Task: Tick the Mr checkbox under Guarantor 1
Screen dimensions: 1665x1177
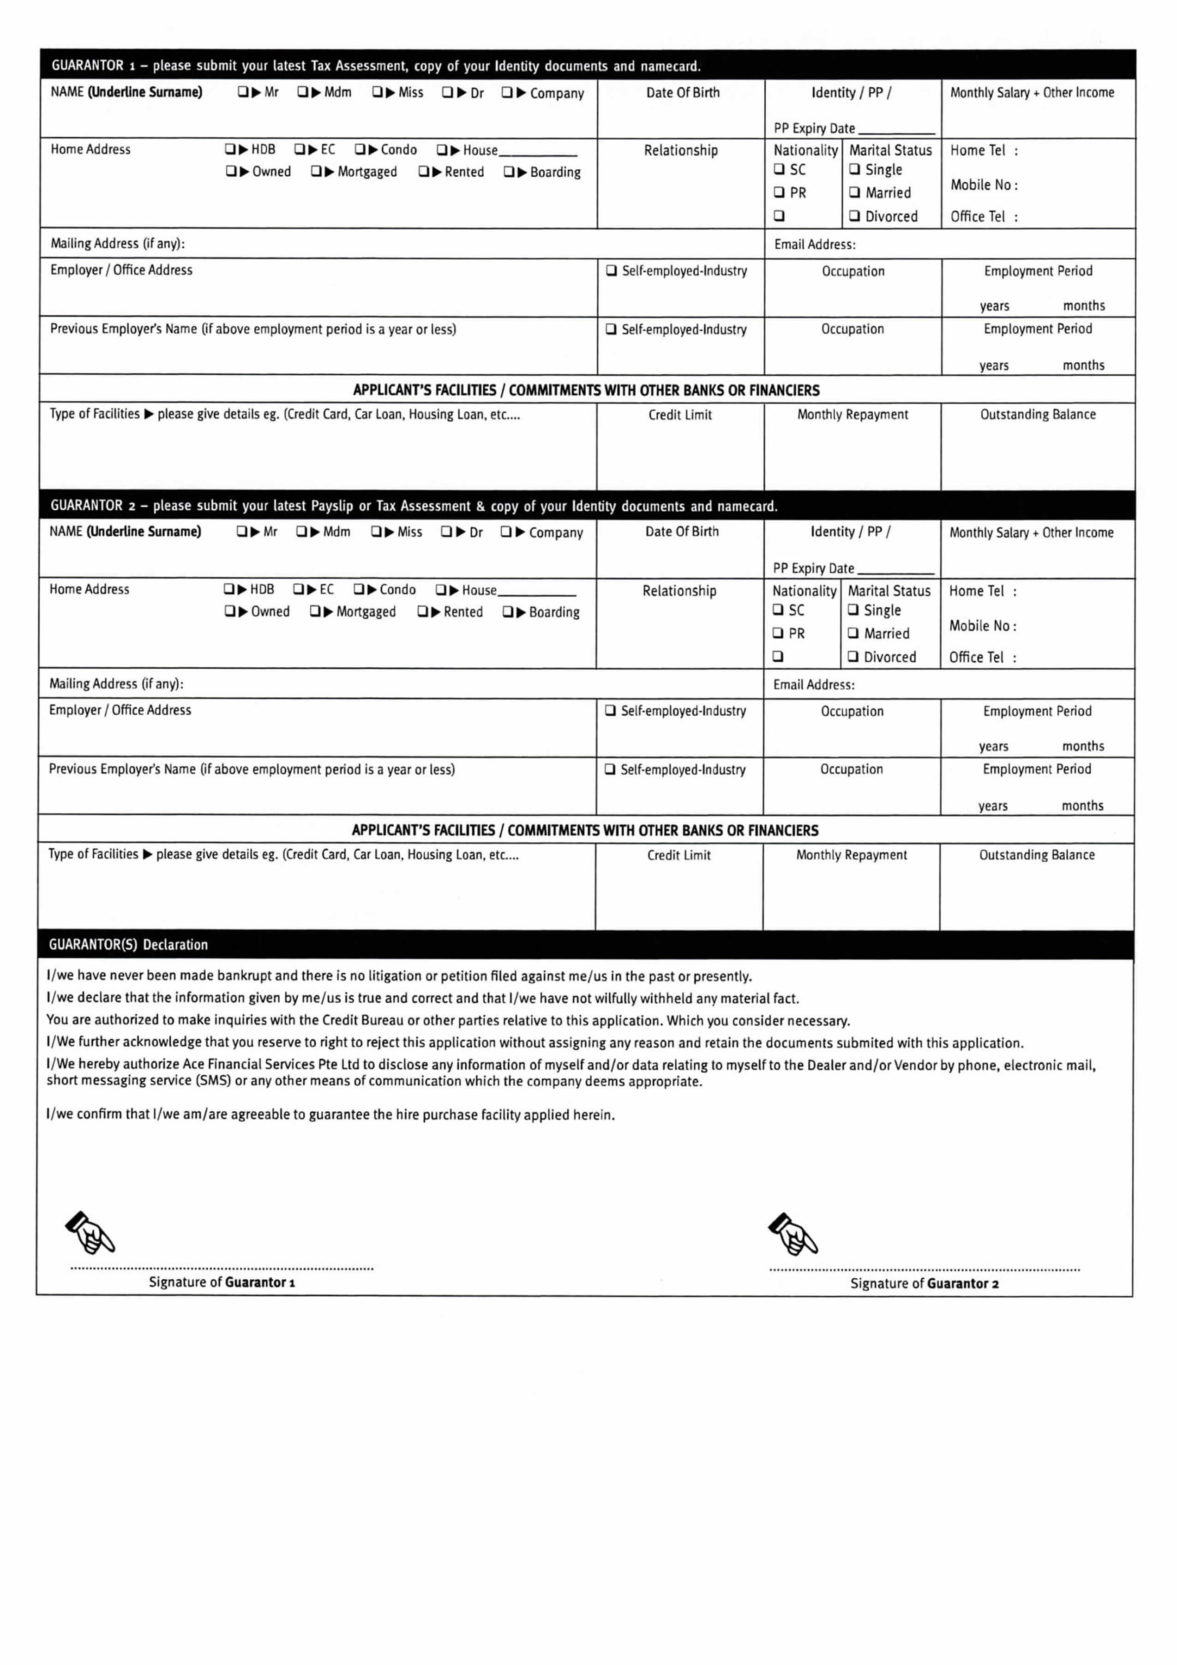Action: click(x=243, y=92)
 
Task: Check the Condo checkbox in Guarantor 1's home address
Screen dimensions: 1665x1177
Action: click(x=360, y=150)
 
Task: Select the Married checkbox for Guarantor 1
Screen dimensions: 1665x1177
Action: click(x=854, y=192)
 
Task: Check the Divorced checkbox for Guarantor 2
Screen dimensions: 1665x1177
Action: click(x=853, y=656)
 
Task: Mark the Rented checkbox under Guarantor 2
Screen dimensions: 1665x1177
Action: click(x=423, y=611)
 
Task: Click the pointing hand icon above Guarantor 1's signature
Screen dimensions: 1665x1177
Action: click(x=90, y=1232)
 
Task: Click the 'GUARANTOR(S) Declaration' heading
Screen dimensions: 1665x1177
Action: click(x=128, y=944)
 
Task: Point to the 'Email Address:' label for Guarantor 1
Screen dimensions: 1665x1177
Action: click(x=814, y=245)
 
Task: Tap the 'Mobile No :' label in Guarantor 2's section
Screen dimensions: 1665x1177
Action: click(x=983, y=625)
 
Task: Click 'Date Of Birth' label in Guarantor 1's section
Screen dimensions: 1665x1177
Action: click(x=682, y=92)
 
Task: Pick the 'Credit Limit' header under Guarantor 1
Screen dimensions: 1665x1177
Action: click(x=679, y=415)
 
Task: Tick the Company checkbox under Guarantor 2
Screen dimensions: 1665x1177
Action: click(x=505, y=532)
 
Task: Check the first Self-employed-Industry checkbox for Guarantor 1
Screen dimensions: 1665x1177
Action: click(x=611, y=270)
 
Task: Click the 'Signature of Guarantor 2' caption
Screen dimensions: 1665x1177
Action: click(x=924, y=1283)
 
